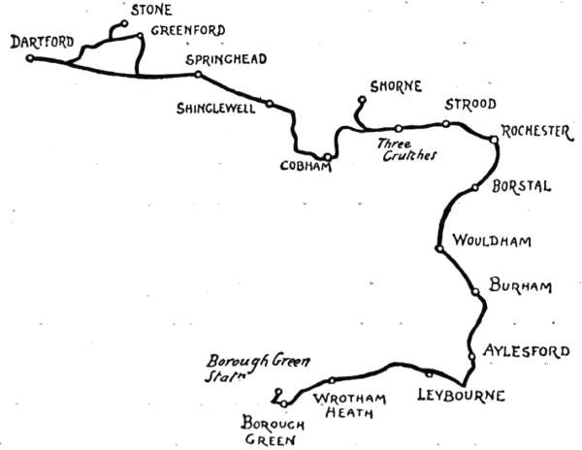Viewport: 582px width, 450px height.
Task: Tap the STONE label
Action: click(x=151, y=10)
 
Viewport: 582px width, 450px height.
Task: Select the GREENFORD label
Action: click(x=188, y=30)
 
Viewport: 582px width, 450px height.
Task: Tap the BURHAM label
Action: click(x=521, y=286)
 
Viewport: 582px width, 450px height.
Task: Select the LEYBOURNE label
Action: click(x=461, y=395)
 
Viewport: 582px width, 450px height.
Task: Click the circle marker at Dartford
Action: click(x=30, y=58)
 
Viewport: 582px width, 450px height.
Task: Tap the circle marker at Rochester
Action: click(x=493, y=140)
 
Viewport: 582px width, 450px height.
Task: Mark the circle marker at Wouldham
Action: click(x=440, y=249)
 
